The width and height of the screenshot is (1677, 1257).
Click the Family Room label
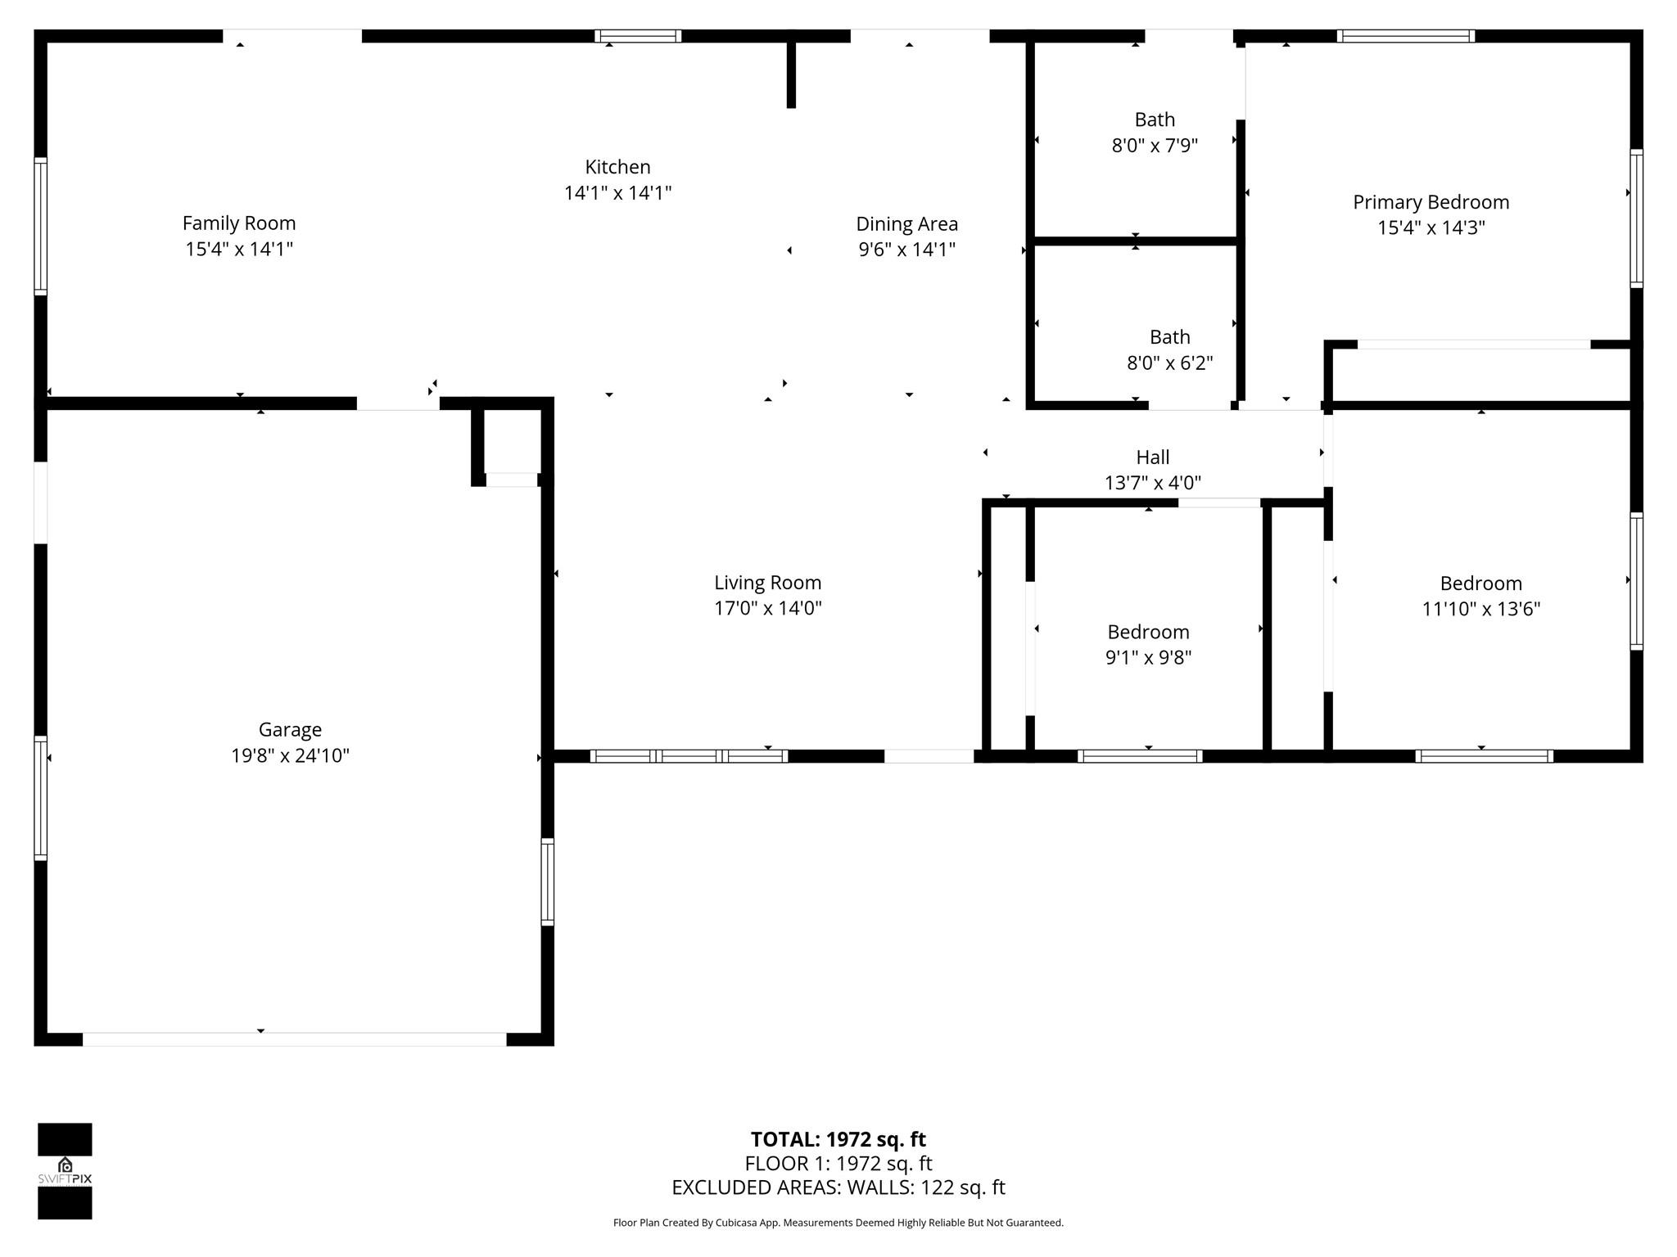[x=239, y=223]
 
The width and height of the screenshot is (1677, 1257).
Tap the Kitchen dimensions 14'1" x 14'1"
[x=617, y=193]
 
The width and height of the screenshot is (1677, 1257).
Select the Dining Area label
[x=906, y=224]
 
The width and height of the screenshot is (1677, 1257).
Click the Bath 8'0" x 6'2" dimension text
[x=1169, y=363]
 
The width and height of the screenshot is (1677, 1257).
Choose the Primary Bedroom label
[x=1431, y=202]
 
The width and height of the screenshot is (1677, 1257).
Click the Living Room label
[x=767, y=583]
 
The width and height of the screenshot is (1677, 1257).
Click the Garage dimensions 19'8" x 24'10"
[x=290, y=755]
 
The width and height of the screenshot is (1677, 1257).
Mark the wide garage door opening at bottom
[x=294, y=1039]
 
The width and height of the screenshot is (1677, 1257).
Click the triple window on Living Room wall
[x=688, y=756]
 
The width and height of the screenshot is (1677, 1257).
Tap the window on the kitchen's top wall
[x=638, y=36]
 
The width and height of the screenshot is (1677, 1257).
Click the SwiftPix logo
[x=65, y=1171]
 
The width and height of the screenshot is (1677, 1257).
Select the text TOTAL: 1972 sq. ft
[x=838, y=1139]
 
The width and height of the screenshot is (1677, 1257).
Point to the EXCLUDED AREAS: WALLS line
[x=838, y=1187]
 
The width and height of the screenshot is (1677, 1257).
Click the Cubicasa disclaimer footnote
[x=838, y=1223]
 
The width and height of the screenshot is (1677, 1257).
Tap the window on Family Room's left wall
[x=40, y=226]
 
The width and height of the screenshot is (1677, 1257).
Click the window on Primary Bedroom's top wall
[x=1405, y=36]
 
